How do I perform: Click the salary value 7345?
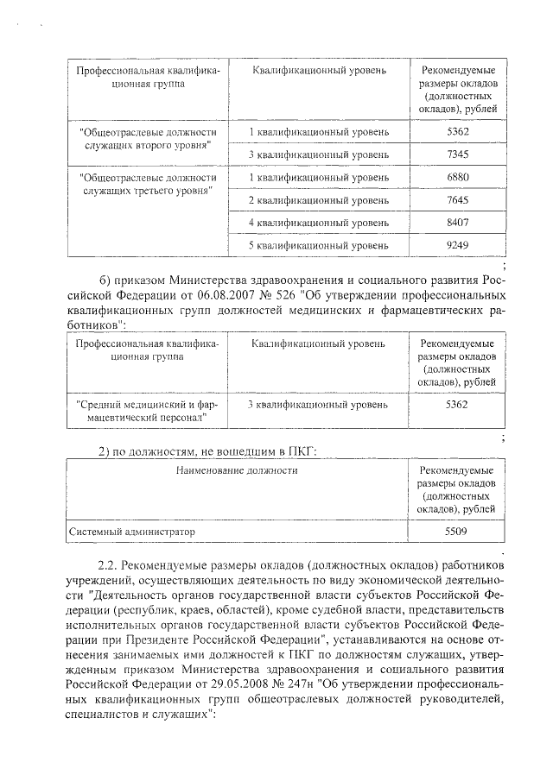pyautogui.click(x=458, y=154)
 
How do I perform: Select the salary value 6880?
pyautogui.click(x=458, y=177)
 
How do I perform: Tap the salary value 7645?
pyautogui.click(x=458, y=200)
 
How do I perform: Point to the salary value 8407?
pyautogui.click(x=458, y=223)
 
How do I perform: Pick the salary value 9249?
pyautogui.click(x=458, y=245)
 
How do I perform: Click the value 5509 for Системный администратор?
pyautogui.click(x=456, y=532)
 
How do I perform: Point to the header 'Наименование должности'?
pyautogui.click(x=237, y=471)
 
